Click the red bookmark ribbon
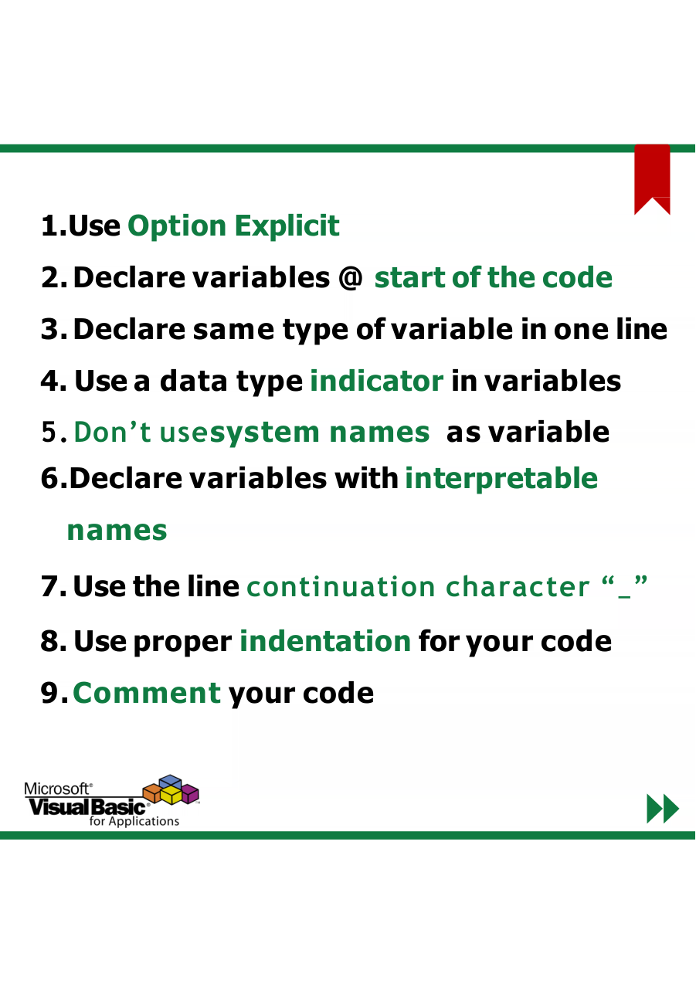[x=652, y=176]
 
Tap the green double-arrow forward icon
[x=663, y=809]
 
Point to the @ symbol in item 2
[x=350, y=278]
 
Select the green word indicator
[x=376, y=381]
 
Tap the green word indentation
[x=325, y=641]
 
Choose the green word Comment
[x=147, y=693]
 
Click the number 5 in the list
[x=48, y=433]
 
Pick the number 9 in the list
[x=49, y=693]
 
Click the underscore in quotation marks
[x=624, y=596]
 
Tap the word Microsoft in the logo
[x=57, y=789]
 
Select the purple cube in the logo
[x=190, y=794]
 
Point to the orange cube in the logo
[x=152, y=793]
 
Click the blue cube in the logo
[x=170, y=782]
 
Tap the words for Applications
[x=134, y=821]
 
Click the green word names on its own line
[x=117, y=531]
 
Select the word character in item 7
[x=518, y=587]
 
